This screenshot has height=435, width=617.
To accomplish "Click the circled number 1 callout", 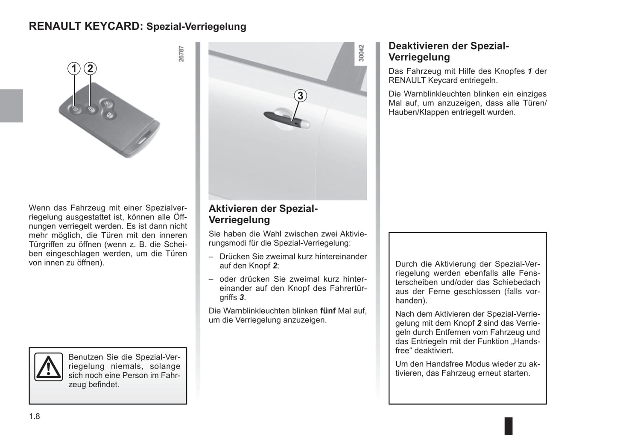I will [74, 68].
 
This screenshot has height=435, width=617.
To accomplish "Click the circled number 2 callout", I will [90, 68].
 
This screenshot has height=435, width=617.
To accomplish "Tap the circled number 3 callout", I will [300, 96].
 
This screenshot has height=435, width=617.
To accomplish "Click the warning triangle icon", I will [49, 368].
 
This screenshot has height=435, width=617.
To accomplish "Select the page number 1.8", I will [35, 416].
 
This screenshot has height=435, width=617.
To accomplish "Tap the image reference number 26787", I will [181, 54].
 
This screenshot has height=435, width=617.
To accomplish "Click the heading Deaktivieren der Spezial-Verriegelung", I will [448, 51].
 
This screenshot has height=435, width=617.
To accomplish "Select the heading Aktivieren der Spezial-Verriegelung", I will [263, 214].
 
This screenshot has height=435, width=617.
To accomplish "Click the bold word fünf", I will [328, 311].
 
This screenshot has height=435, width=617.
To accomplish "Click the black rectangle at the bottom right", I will [509, 426].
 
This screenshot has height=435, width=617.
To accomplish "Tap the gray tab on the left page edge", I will [11, 105].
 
